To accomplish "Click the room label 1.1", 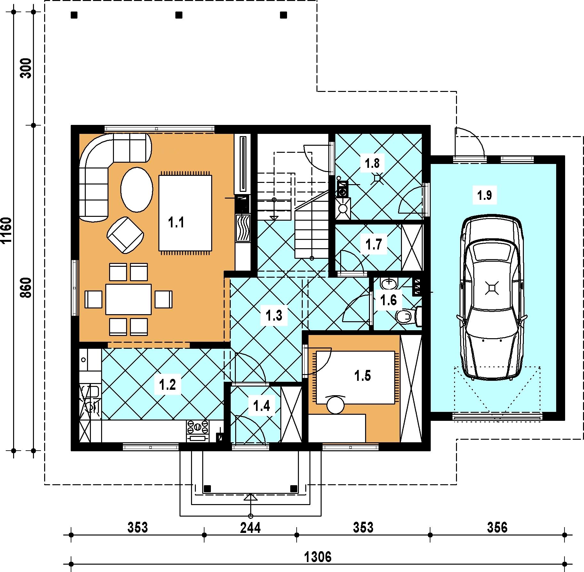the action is point(176,222).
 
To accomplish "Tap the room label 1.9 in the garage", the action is point(484,195).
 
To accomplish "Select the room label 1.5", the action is point(363,376).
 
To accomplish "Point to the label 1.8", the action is point(372,163).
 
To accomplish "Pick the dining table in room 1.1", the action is point(128,299).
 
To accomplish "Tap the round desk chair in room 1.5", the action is point(335,405).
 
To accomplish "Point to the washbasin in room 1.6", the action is point(389,283).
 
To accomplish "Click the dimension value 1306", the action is point(318,557).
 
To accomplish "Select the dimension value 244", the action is point(251,527).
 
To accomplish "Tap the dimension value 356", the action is point(497,527).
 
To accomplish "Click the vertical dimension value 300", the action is point(27,68).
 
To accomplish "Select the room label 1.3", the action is point(274,315).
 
